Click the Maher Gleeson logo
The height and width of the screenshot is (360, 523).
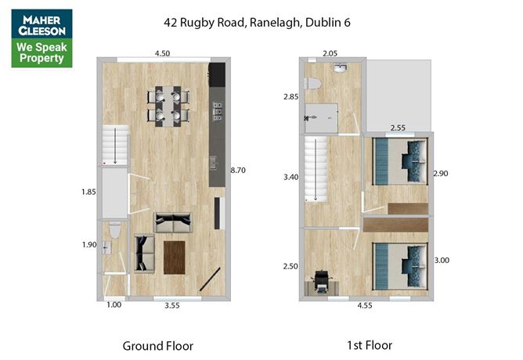[41, 38]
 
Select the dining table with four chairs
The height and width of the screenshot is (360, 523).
[168, 106]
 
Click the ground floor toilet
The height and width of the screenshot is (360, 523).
[115, 231]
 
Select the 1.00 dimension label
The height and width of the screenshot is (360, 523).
[114, 306]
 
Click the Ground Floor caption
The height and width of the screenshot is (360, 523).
[157, 345]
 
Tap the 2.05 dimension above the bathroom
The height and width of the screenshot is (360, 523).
[331, 53]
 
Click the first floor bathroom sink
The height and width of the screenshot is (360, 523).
[338, 69]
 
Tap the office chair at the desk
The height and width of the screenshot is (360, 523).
[321, 282]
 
